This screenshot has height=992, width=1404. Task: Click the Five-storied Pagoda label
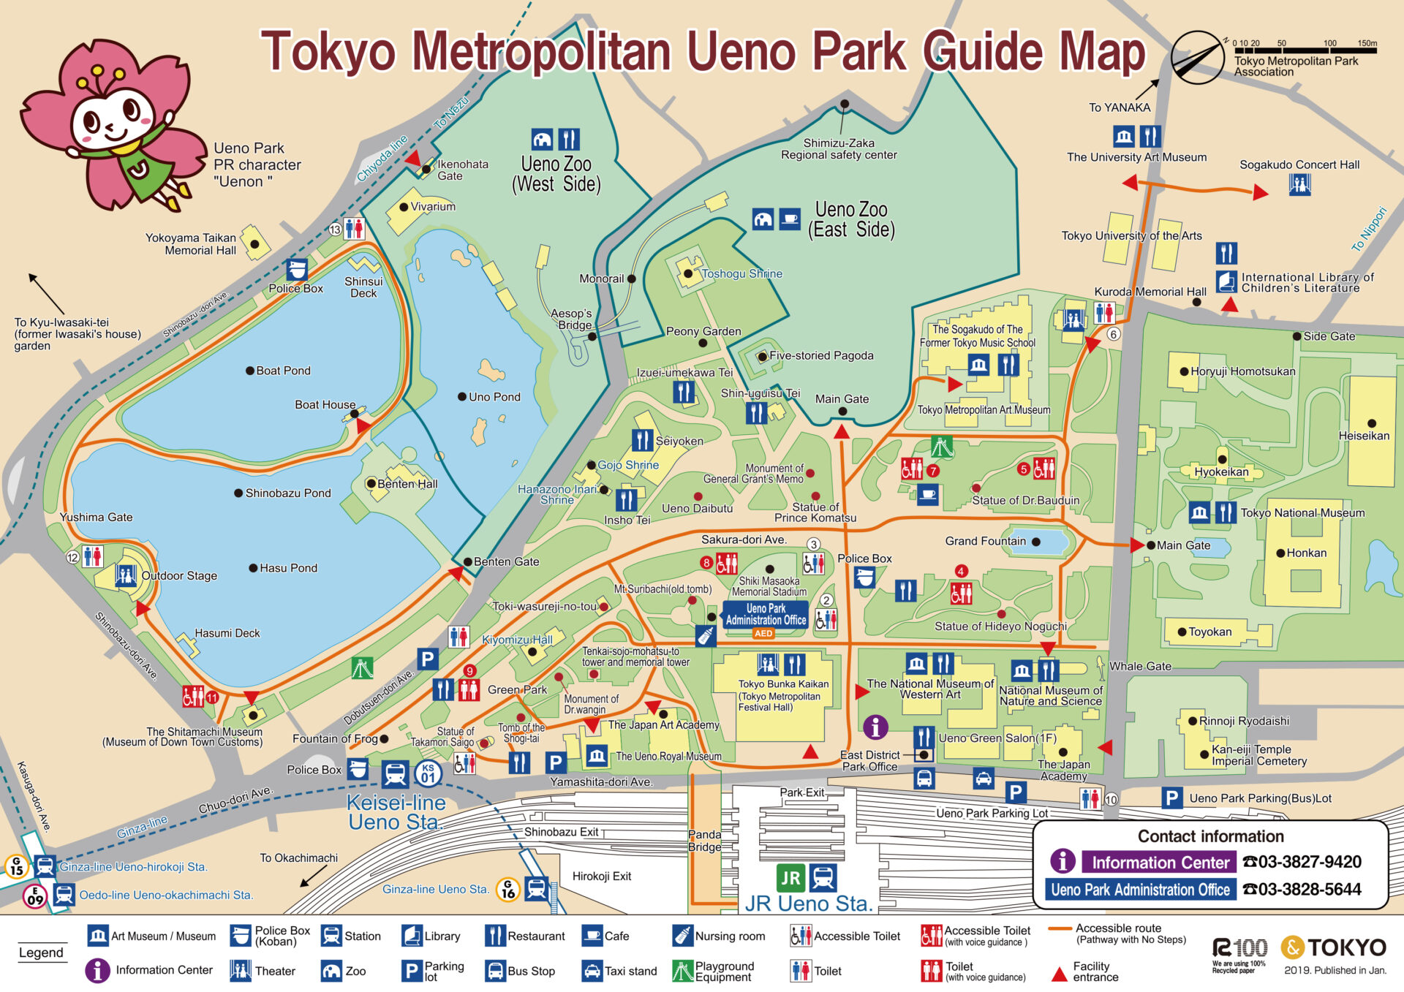(x=820, y=356)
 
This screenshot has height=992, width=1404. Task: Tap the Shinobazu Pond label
(x=287, y=493)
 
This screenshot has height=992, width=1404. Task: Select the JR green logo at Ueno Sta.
(x=790, y=878)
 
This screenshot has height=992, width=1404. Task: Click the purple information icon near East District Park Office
(x=875, y=727)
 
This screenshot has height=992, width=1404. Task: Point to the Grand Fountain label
(x=985, y=541)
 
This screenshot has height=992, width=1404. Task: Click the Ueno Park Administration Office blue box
(x=766, y=614)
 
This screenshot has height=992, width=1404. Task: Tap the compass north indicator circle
(x=1197, y=57)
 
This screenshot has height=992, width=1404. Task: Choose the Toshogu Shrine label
(x=741, y=273)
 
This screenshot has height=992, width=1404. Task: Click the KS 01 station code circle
(x=428, y=773)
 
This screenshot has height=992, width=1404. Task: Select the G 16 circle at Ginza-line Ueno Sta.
(x=508, y=889)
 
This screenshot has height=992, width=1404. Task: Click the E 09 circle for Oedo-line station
(x=35, y=896)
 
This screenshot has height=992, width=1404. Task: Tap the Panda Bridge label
(x=704, y=841)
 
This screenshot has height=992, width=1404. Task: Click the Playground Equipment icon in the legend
(x=682, y=971)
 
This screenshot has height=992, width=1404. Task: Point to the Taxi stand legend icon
(x=592, y=971)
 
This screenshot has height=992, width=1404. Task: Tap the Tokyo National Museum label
(x=1302, y=513)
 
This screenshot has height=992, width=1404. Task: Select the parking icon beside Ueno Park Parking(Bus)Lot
(x=1171, y=798)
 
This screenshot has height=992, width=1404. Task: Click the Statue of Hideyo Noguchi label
(x=1000, y=626)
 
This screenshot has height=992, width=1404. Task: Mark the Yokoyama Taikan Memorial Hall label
(x=190, y=244)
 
